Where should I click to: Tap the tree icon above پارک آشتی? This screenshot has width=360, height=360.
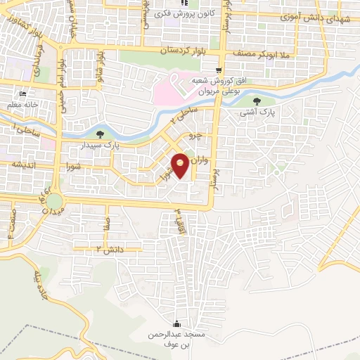[x=265, y=101]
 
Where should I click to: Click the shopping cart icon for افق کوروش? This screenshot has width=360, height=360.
[x=220, y=69]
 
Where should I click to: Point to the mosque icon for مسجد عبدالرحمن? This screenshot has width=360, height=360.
[x=176, y=323]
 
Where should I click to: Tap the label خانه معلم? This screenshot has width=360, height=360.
[x=22, y=104]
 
